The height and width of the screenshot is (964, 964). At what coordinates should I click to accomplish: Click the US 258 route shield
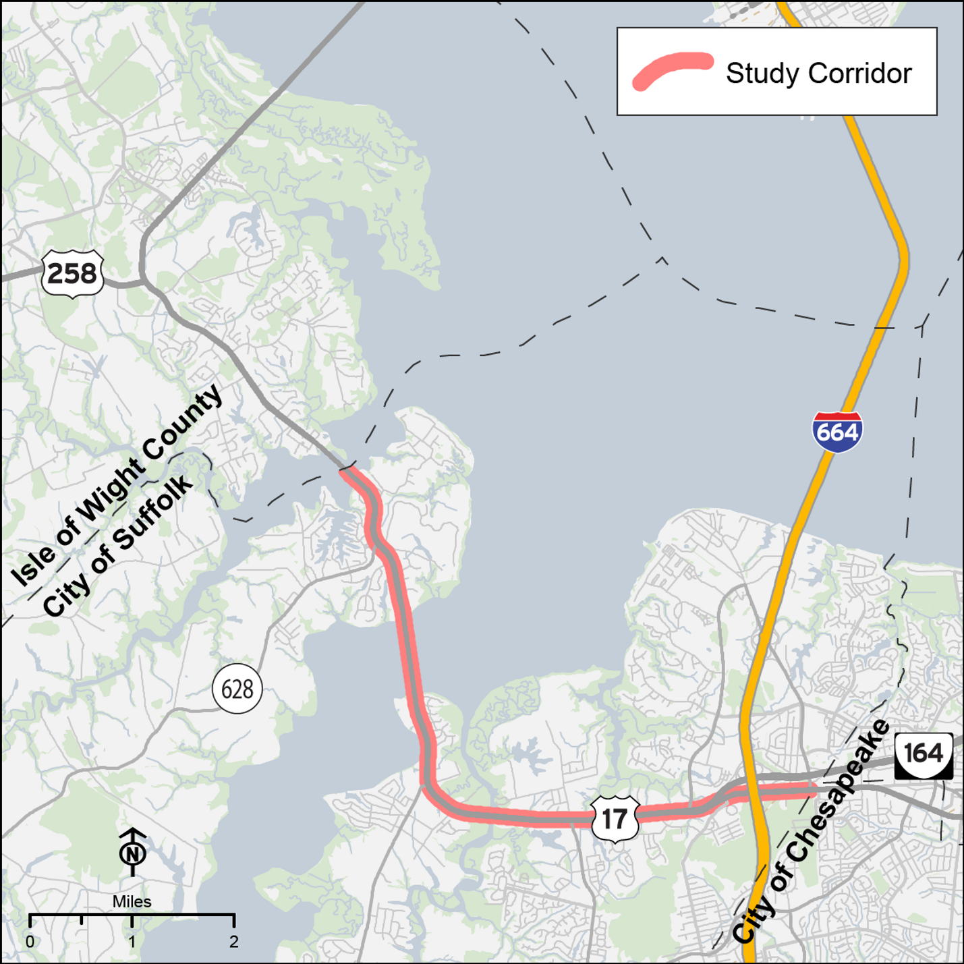(x=72, y=273)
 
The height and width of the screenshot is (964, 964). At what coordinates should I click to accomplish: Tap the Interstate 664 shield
(x=837, y=432)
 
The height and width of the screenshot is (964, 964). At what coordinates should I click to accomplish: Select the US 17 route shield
(x=615, y=819)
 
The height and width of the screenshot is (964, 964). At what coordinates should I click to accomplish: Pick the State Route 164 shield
(x=924, y=754)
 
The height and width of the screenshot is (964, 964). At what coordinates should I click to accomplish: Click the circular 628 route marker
(x=237, y=689)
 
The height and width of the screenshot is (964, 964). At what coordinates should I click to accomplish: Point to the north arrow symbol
(x=133, y=851)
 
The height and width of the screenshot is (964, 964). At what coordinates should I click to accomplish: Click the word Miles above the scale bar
(x=132, y=901)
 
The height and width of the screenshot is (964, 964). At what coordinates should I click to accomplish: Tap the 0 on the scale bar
(x=30, y=942)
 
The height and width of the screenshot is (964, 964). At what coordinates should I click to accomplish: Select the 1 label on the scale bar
(x=132, y=942)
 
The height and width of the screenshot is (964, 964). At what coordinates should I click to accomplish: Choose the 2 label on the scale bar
(x=233, y=942)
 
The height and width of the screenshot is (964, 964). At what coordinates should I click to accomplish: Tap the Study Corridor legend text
(x=818, y=73)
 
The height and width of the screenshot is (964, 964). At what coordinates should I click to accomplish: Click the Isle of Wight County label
(x=117, y=485)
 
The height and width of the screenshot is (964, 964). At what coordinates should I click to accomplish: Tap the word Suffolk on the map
(x=153, y=513)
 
